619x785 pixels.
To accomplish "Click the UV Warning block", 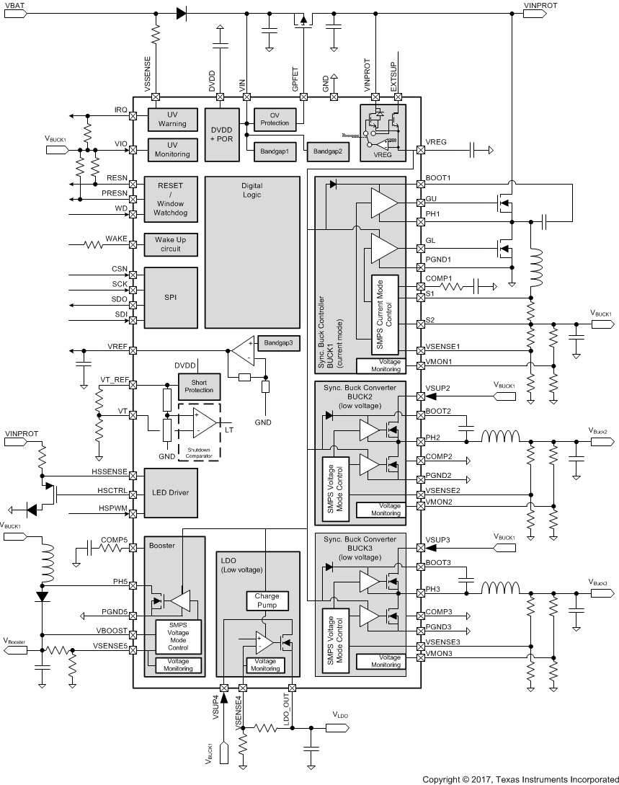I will tap(172, 119).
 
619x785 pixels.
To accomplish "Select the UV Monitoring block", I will tap(172, 149).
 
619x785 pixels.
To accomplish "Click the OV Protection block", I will tap(274, 118).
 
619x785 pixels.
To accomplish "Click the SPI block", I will tap(171, 296).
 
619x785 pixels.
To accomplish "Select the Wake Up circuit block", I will tap(172, 245).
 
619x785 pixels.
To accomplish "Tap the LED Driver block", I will tap(171, 493).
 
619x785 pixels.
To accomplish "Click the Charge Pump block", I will tap(267, 600).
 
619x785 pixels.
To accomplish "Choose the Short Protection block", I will tap(199, 386).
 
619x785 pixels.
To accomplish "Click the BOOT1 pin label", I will tap(438, 177).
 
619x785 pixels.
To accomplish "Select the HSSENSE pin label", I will tap(110, 471).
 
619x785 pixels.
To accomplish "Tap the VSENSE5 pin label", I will tap(110, 647).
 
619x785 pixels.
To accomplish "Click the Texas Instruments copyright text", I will tap(520, 779).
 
